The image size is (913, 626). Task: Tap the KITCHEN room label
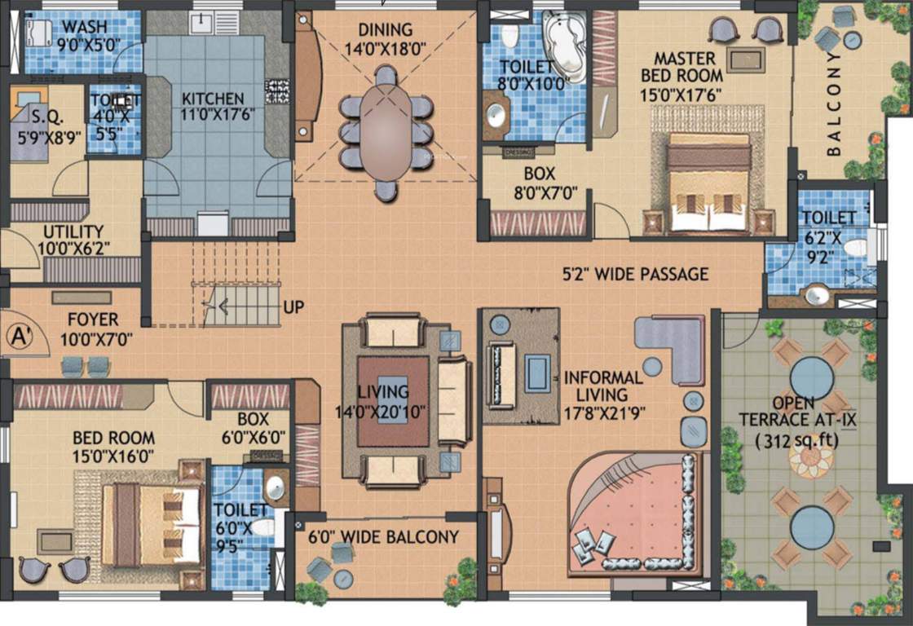click(x=213, y=98)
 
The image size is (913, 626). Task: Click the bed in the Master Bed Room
click(x=708, y=183)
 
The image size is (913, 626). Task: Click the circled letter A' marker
click(x=19, y=335)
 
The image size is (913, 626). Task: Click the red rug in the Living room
click(x=393, y=400)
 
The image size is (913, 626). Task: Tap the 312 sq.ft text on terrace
click(x=793, y=443)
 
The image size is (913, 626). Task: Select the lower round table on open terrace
click(x=811, y=526)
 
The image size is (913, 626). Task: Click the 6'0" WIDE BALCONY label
click(x=383, y=537)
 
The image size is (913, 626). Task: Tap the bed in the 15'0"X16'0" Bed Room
click(x=151, y=524)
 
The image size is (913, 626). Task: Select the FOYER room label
click(x=93, y=319)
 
